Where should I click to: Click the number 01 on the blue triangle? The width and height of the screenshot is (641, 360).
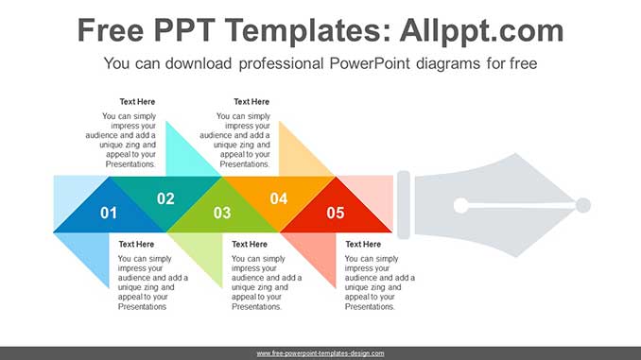(109, 213)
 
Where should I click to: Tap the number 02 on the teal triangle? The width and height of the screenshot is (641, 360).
(165, 198)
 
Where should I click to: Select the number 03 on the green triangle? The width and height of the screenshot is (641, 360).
(222, 213)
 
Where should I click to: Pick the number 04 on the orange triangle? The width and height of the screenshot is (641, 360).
(279, 198)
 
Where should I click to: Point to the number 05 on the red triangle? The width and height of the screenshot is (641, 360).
(336, 213)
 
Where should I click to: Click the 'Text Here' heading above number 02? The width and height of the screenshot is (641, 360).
(137, 102)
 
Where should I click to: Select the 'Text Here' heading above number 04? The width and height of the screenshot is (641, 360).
(251, 102)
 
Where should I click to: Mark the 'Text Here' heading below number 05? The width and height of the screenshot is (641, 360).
(363, 245)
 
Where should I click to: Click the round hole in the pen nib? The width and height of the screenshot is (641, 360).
(460, 205)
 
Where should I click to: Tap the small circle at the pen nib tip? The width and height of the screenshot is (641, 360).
(582, 205)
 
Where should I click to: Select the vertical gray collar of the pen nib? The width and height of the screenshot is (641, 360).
(403, 205)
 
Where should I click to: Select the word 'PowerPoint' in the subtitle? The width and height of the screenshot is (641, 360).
(370, 64)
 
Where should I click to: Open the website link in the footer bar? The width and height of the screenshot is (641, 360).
(320, 353)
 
